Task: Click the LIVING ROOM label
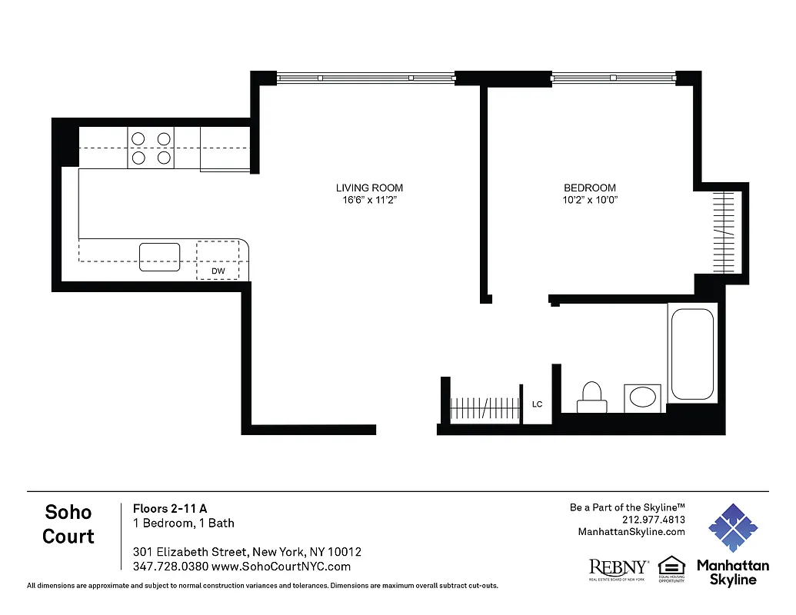(369, 188)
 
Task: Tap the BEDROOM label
(589, 188)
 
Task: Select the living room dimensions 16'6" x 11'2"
(369, 200)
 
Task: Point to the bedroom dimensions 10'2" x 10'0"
(589, 200)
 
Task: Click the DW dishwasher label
(218, 271)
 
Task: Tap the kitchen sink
(159, 257)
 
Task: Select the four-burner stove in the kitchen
(151, 148)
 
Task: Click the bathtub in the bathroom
(692, 353)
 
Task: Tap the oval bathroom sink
(642, 397)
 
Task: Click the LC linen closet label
(538, 404)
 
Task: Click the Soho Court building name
(68, 524)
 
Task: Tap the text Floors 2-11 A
(170, 508)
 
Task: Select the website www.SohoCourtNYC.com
(281, 567)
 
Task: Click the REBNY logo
(618, 568)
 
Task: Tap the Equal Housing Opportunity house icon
(671, 565)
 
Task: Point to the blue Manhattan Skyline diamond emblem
(732, 528)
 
